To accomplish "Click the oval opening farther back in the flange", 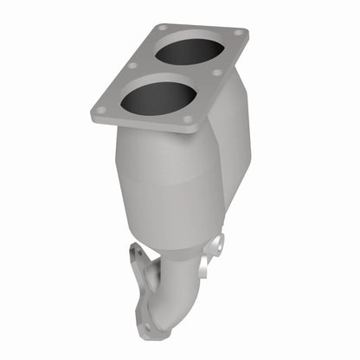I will pyautogui.click(x=188, y=52).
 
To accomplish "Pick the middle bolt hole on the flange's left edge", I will pyautogui.click(x=132, y=65).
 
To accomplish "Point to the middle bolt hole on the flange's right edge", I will pyautogui.click(x=215, y=73).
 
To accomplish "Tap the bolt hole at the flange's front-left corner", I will pyautogui.click(x=101, y=110).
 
